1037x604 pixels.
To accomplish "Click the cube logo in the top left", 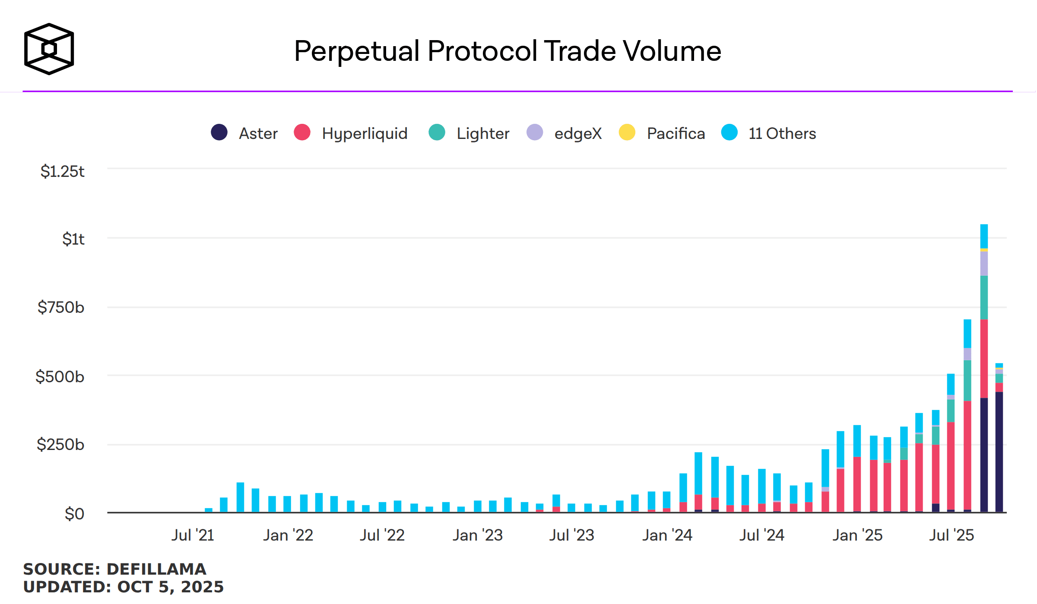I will click(x=49, y=49).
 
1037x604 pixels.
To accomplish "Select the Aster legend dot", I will click(x=219, y=132).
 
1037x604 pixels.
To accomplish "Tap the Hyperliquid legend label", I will click(x=365, y=133).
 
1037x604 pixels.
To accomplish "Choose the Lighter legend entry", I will click(x=483, y=133).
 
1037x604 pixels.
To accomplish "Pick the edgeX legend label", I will click(x=578, y=133).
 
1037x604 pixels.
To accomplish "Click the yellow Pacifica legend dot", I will click(x=627, y=132).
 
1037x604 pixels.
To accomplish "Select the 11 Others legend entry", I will click(x=782, y=133).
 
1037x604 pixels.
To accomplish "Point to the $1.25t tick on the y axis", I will click(x=63, y=171).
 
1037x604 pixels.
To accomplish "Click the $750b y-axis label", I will click(x=61, y=307).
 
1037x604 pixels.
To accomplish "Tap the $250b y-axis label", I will click(x=60, y=444).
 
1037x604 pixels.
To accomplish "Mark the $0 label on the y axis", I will click(x=74, y=514).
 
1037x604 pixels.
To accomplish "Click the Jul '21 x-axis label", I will click(x=193, y=535).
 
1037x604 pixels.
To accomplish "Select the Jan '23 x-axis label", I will click(x=478, y=535).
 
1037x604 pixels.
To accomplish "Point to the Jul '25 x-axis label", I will click(x=951, y=535).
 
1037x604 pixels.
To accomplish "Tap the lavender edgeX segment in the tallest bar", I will click(x=984, y=264).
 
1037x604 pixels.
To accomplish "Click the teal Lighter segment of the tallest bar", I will click(x=984, y=298).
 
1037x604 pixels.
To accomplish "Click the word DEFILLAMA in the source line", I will click(x=156, y=569).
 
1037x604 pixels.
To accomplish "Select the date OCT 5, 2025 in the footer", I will click(x=170, y=587).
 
